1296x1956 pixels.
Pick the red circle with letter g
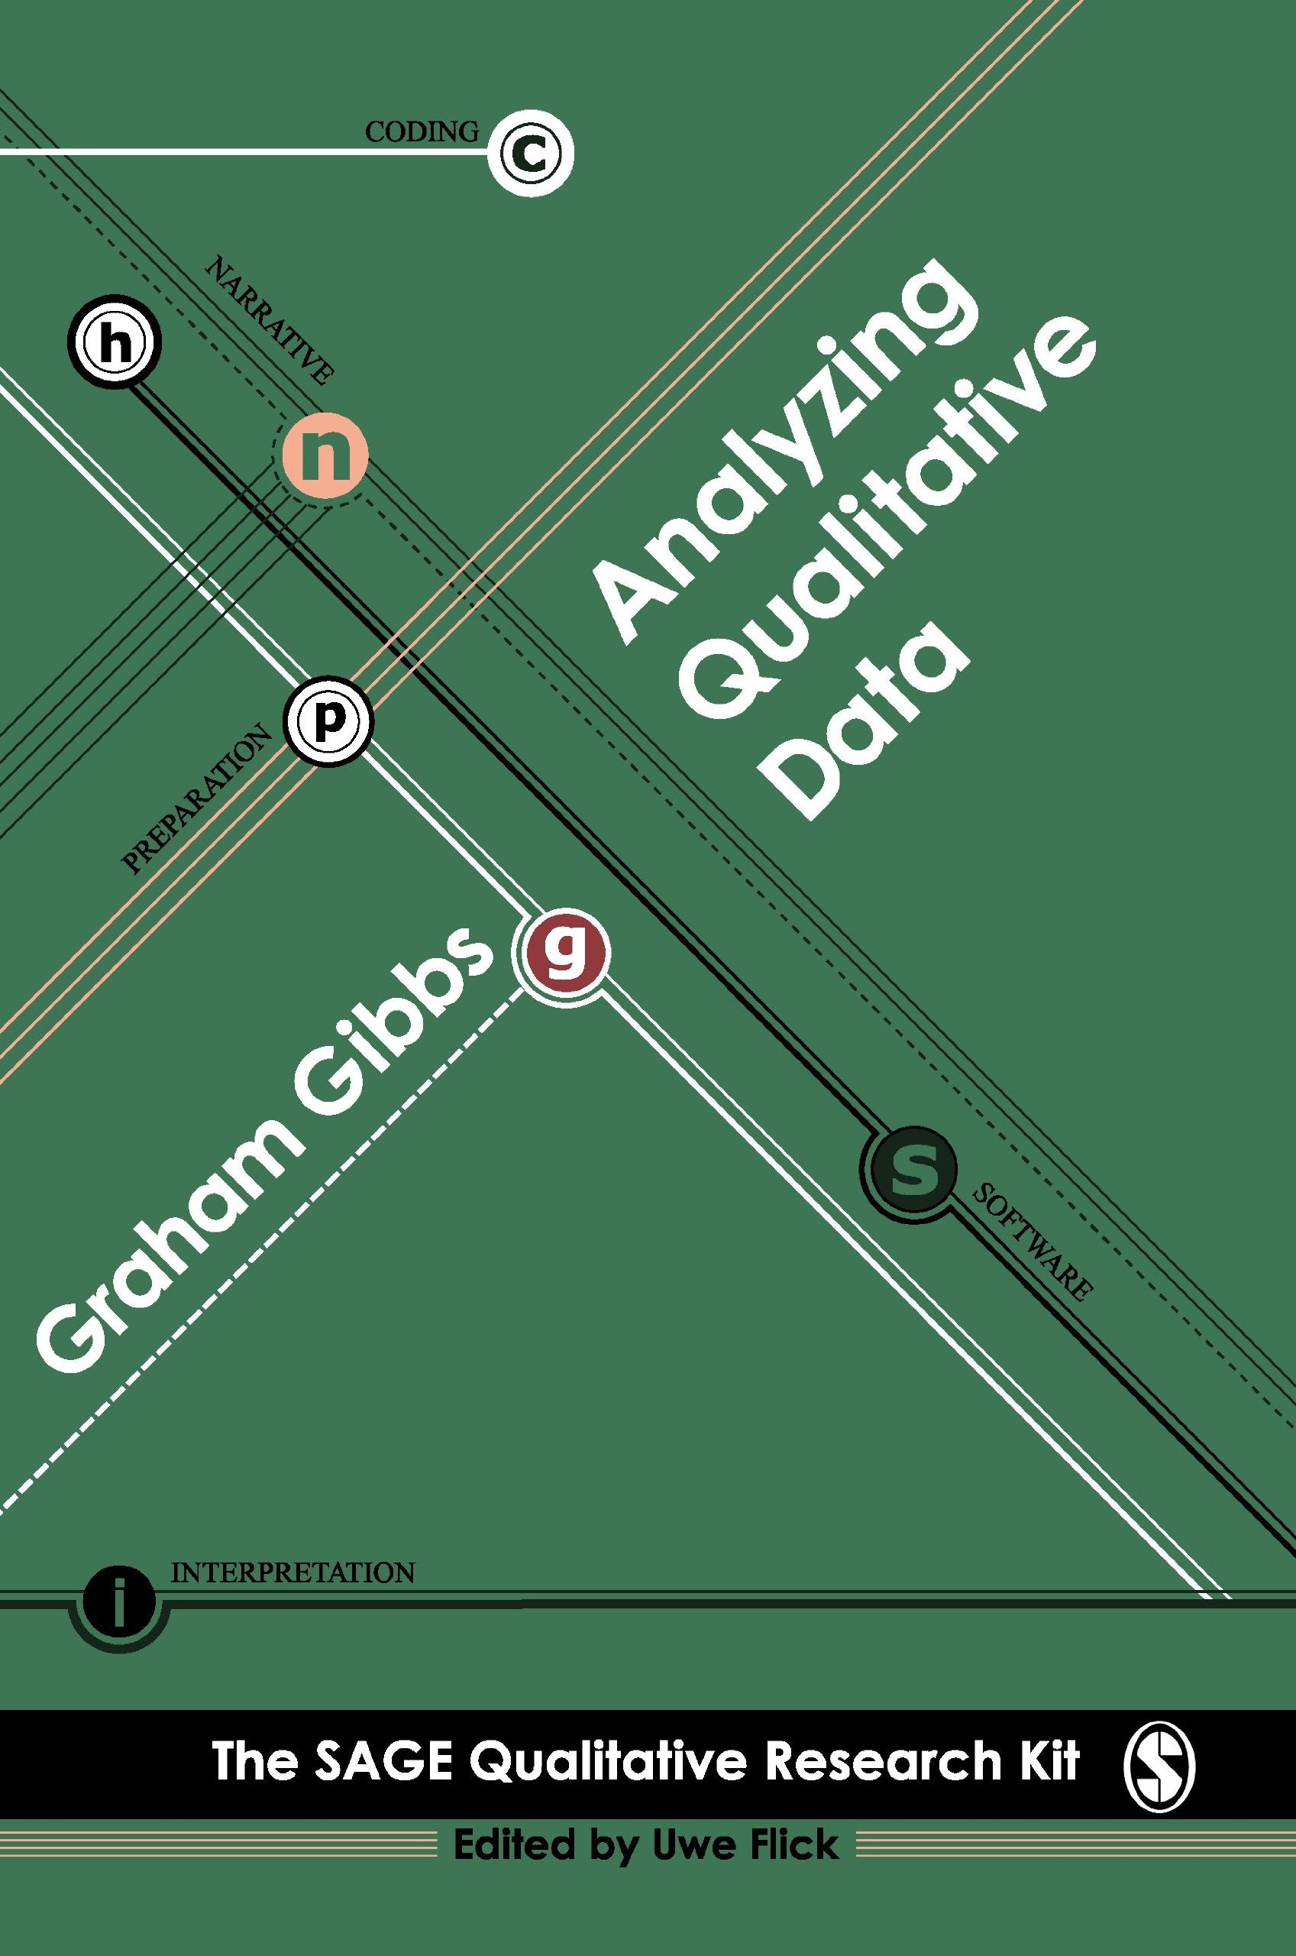562,950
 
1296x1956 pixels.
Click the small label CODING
422,131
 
